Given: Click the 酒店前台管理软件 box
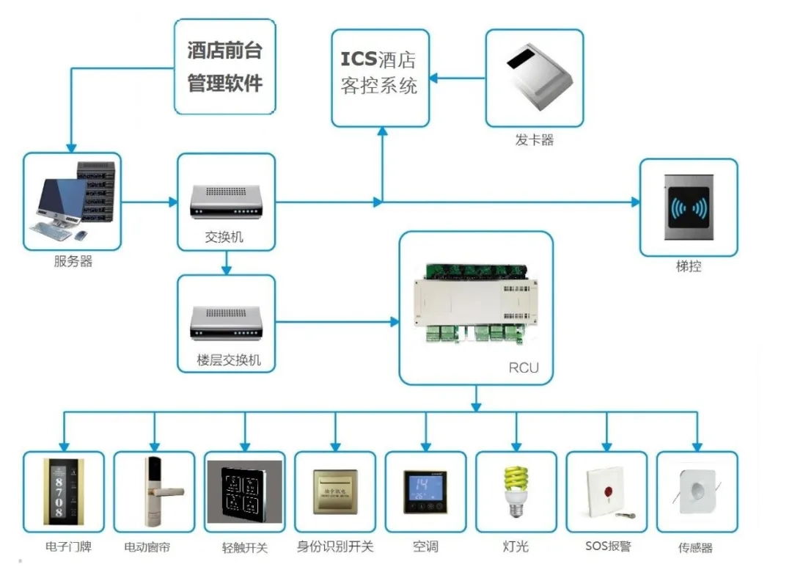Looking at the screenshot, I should coord(224,66).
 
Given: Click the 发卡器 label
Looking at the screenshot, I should coord(534,140).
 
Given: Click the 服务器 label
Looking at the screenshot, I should coord(73,262).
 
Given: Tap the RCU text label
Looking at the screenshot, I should coord(524,367).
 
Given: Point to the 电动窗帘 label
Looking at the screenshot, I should coord(147,546).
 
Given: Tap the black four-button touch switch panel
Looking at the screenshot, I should coord(244,491).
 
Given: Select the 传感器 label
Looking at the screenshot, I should coord(695,547).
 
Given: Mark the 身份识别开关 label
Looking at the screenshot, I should coord(335,546).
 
